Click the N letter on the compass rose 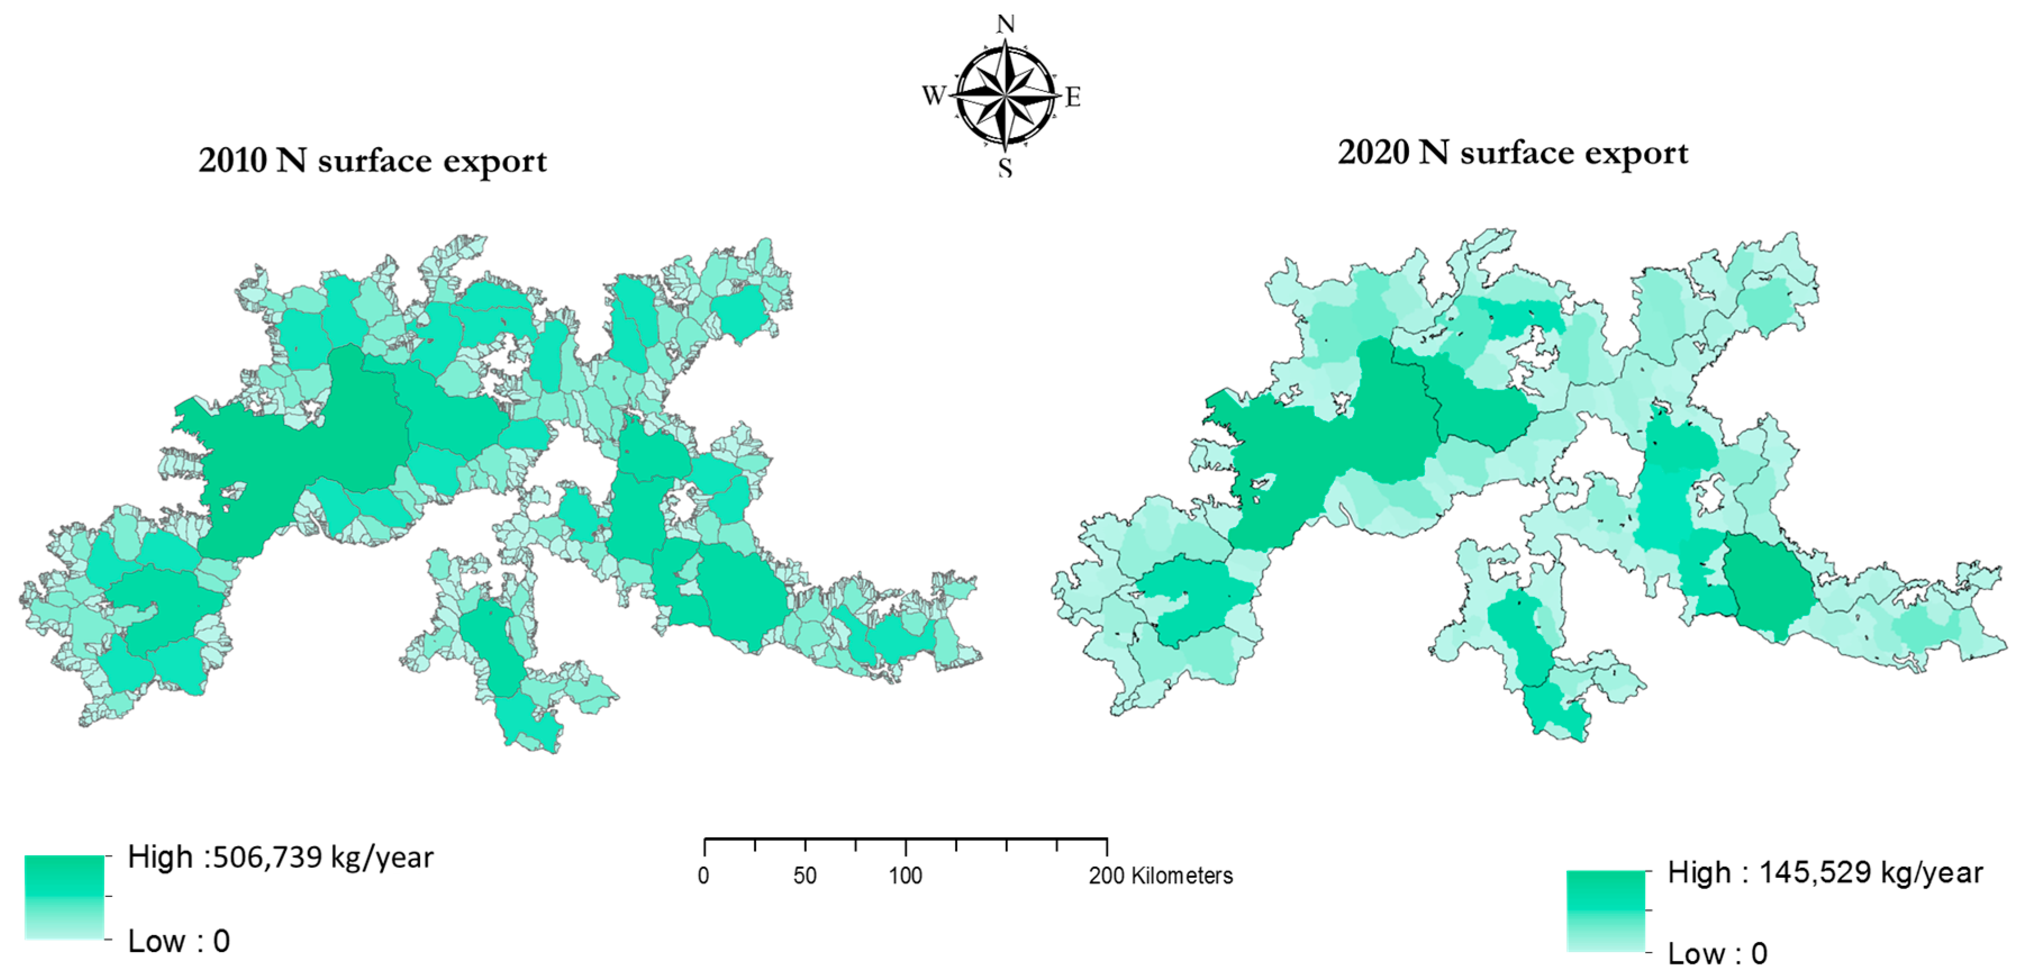pyautogui.click(x=1005, y=24)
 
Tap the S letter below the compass pyautogui.click(x=1005, y=167)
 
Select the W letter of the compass pyautogui.click(x=933, y=96)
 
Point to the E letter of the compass pyautogui.click(x=1073, y=97)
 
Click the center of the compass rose pyautogui.click(x=1005, y=96)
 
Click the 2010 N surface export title pyautogui.click(x=373, y=161)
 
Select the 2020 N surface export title pyautogui.click(x=1513, y=153)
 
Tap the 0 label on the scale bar pyautogui.click(x=704, y=876)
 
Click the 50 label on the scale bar pyautogui.click(x=805, y=876)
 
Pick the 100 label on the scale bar pyautogui.click(x=905, y=876)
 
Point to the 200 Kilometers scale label pyautogui.click(x=1160, y=876)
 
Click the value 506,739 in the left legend pyautogui.click(x=267, y=858)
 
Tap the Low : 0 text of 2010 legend pyautogui.click(x=179, y=941)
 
